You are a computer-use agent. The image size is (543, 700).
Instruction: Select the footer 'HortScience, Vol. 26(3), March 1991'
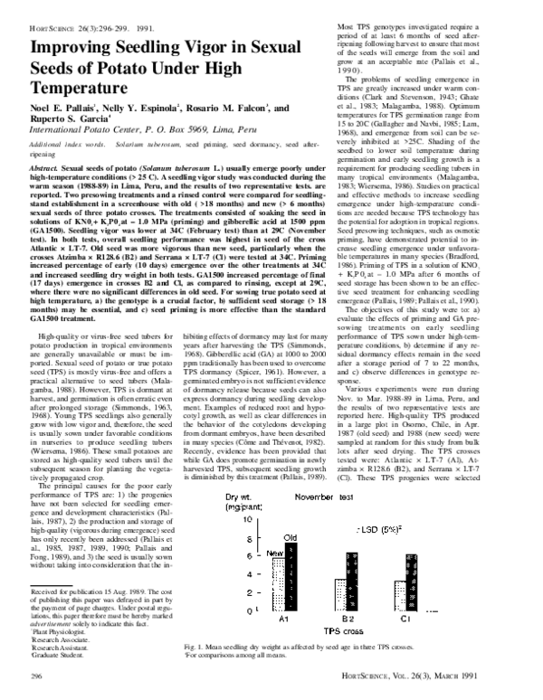pos(447,676)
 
